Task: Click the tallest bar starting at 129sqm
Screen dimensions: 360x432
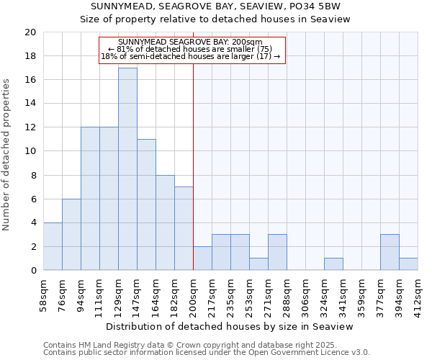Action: click(x=127, y=169)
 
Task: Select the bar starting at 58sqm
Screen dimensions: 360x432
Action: click(x=53, y=246)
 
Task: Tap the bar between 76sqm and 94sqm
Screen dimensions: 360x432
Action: click(x=71, y=235)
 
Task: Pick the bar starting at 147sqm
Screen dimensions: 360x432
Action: click(x=146, y=204)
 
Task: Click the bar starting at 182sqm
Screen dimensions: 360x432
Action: click(x=184, y=228)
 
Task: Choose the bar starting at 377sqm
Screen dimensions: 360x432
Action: click(x=390, y=252)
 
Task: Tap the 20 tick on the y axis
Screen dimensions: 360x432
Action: click(x=30, y=32)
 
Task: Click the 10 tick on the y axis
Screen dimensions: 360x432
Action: click(x=30, y=151)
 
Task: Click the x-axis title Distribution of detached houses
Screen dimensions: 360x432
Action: click(x=234, y=326)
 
